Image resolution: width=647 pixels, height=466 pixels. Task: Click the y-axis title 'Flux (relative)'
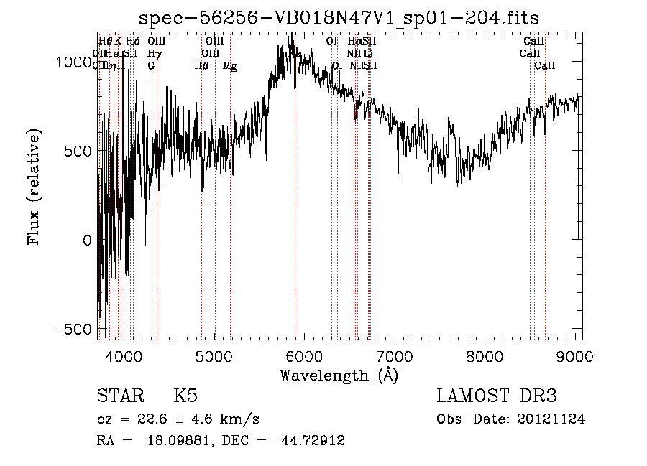(x=34, y=186)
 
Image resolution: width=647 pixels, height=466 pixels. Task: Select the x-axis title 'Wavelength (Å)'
(x=339, y=374)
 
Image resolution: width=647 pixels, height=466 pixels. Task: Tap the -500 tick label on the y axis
(x=73, y=329)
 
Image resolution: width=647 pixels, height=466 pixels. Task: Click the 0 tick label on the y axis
(x=88, y=240)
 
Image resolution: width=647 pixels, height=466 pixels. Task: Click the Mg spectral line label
(x=230, y=65)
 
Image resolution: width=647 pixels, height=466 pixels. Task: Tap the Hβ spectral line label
(x=202, y=65)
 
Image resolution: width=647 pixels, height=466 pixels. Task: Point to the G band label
(x=151, y=65)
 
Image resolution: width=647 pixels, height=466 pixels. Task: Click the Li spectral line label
(x=367, y=53)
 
